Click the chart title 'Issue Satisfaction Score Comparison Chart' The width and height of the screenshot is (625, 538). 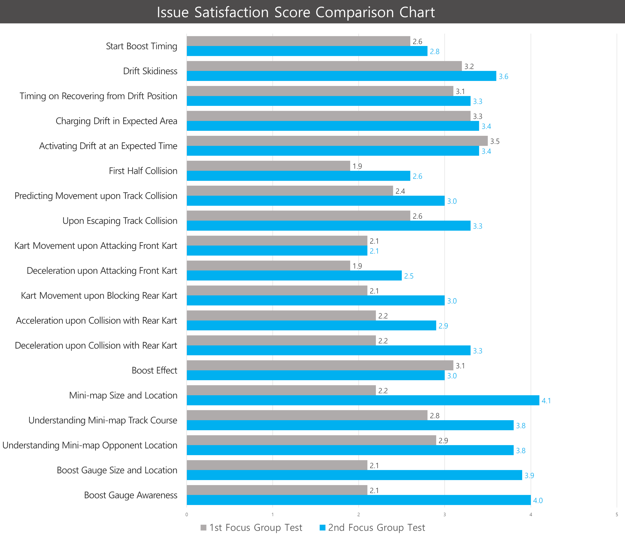pyautogui.click(x=296, y=12)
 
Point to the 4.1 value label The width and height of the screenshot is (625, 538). pyautogui.click(x=546, y=401)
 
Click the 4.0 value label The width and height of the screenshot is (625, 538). pyautogui.click(x=538, y=501)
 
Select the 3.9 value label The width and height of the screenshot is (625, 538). pyautogui.click(x=529, y=476)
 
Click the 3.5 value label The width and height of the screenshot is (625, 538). pyautogui.click(x=495, y=141)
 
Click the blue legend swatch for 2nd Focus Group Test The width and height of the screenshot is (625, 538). pyautogui.click(x=322, y=527)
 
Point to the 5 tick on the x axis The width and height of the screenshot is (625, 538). pyautogui.click(x=617, y=515)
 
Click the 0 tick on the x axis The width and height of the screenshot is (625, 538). pyautogui.click(x=187, y=515)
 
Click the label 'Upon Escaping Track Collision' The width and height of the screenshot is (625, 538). pyautogui.click(x=120, y=221)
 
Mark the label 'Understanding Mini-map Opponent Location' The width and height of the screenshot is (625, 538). pyautogui.click(x=90, y=445)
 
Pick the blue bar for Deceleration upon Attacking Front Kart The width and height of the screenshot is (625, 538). pyautogui.click(x=294, y=276)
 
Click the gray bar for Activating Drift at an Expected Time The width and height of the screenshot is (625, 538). pyautogui.click(x=337, y=141)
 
